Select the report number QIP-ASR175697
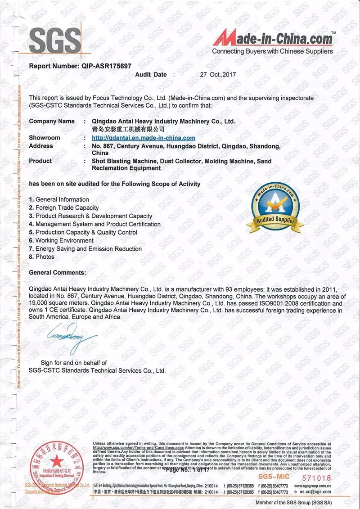(x=106, y=66)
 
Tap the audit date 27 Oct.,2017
(x=218, y=75)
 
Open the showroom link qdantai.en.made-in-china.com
(x=143, y=138)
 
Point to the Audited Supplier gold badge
(x=275, y=208)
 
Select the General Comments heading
(x=57, y=273)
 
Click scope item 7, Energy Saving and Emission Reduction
(x=88, y=249)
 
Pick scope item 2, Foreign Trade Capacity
(x=67, y=207)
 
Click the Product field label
(x=40, y=161)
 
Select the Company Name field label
(x=52, y=121)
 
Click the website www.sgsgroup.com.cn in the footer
(x=313, y=486)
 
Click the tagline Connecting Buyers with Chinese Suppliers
(x=273, y=51)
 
